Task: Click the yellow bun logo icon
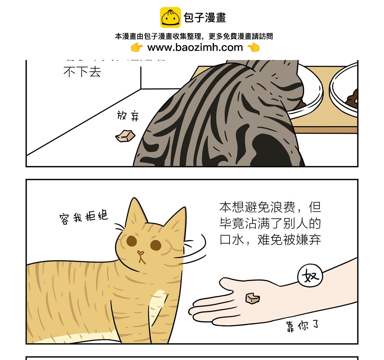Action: point(170,17)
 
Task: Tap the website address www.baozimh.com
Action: point(195,47)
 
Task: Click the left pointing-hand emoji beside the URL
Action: point(137,47)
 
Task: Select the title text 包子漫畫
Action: point(205,18)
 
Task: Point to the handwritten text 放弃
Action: point(128,116)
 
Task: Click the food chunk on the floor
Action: point(125,136)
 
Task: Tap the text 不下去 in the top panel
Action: point(82,72)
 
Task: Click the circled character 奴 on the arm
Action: point(310,275)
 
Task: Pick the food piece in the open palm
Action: point(252,298)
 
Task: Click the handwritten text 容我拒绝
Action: point(84,217)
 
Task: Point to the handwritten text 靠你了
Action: point(302,326)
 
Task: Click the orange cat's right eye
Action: point(156,245)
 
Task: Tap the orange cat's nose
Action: point(140,253)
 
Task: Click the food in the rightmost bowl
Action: point(352,98)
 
